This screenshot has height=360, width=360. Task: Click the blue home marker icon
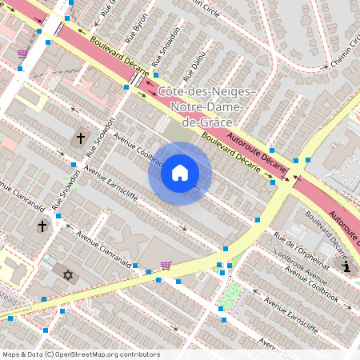(x=180, y=173)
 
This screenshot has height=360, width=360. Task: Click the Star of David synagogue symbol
(x=68, y=275)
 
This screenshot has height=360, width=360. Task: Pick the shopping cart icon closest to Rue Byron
(x=22, y=54)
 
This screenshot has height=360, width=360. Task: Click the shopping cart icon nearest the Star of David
(x=166, y=265)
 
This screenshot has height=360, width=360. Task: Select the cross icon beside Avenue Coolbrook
(x=80, y=138)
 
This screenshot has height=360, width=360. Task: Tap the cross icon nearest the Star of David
(x=42, y=226)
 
